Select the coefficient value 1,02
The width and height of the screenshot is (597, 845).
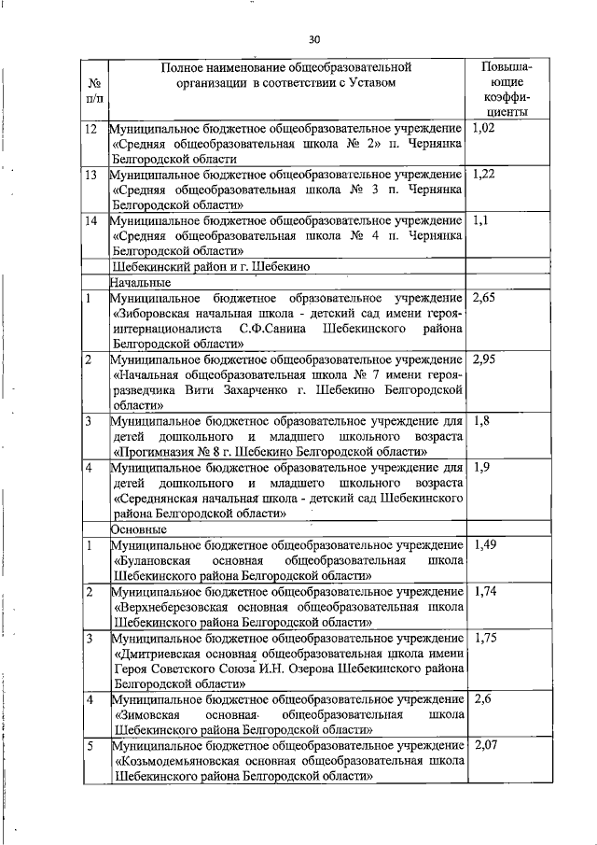click(484, 128)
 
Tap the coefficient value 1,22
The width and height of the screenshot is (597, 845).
click(485, 174)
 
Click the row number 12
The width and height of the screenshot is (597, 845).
click(91, 128)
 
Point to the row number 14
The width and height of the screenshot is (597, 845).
click(91, 220)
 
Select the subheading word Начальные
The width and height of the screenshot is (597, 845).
click(139, 282)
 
